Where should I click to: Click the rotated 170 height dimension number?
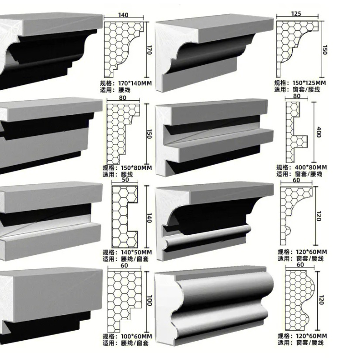(x=149, y=50)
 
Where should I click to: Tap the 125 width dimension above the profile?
(x=296, y=13)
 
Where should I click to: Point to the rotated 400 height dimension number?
(x=318, y=132)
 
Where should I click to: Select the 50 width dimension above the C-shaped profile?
(x=125, y=180)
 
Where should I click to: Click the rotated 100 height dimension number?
(x=149, y=300)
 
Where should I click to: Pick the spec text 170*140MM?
(x=135, y=83)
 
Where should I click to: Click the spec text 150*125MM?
(x=309, y=83)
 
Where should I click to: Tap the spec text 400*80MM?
(x=311, y=168)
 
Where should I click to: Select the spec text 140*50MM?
(x=136, y=252)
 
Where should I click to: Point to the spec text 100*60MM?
(x=136, y=336)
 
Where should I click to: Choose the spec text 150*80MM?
(x=136, y=168)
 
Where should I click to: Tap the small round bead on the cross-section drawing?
(x=288, y=229)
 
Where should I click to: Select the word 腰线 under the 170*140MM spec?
(x=124, y=90)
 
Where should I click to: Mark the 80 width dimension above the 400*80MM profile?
(x=297, y=96)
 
